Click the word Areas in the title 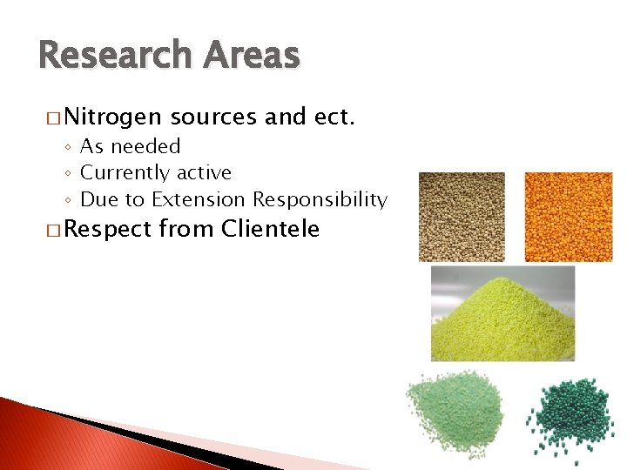(x=251, y=56)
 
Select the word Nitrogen (x=111, y=117)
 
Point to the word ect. (x=334, y=117)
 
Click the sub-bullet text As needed (x=130, y=146)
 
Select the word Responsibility (x=320, y=199)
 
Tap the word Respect (x=111, y=230)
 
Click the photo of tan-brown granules (x=462, y=217)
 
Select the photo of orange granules (x=568, y=217)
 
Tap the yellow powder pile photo (x=502, y=314)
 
